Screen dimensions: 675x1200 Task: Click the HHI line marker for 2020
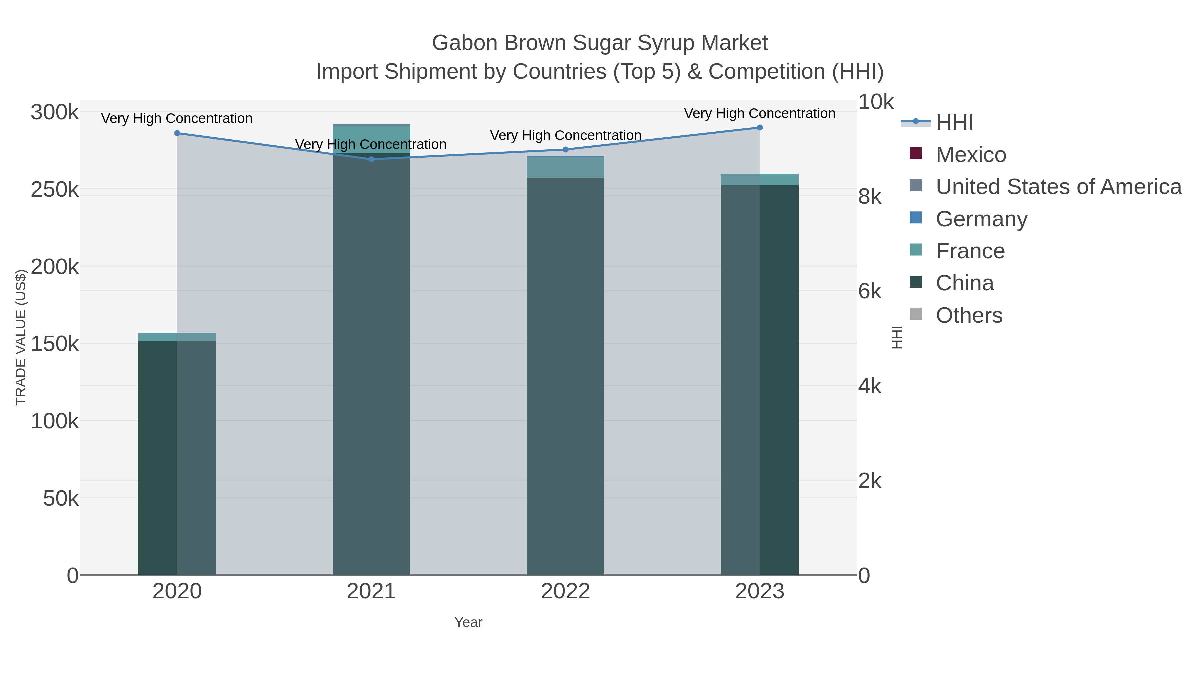[177, 133]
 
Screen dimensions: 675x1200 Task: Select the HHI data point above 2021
[371, 159]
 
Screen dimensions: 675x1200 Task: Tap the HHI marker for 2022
[566, 150]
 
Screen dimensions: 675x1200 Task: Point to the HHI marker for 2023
[760, 128]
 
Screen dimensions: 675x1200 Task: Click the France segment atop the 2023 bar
[760, 179]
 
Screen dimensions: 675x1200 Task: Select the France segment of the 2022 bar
[566, 168]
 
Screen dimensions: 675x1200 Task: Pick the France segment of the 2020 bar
[177, 337]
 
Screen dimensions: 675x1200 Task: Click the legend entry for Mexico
[971, 155]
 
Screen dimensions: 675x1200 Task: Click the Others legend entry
[968, 315]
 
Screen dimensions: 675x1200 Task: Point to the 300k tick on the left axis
[55, 112]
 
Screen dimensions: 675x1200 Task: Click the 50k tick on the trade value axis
[61, 498]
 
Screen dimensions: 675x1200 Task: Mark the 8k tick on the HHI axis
[870, 197]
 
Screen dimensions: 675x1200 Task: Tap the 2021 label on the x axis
[371, 592]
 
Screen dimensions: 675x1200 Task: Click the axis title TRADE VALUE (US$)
[21, 337]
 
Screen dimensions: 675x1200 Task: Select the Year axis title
[468, 622]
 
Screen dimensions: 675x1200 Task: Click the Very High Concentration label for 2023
[759, 113]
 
